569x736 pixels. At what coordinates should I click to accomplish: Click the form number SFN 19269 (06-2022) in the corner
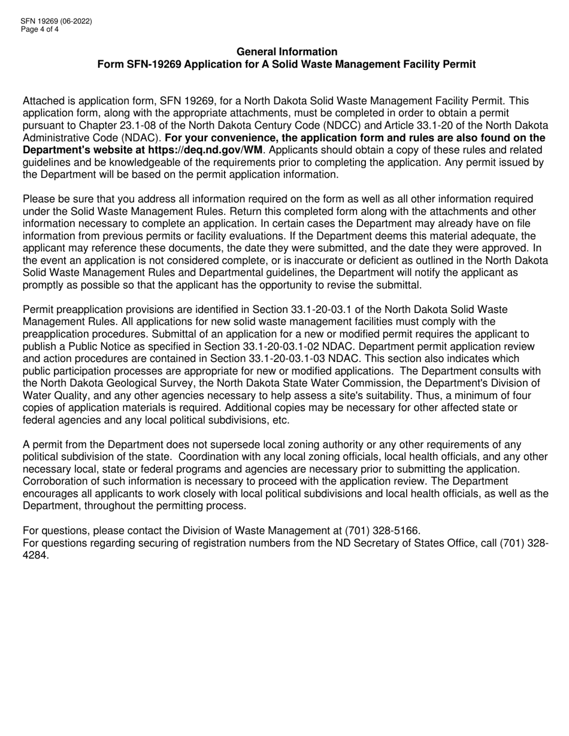click(57, 21)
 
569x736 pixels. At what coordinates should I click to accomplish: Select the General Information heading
click(287, 52)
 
